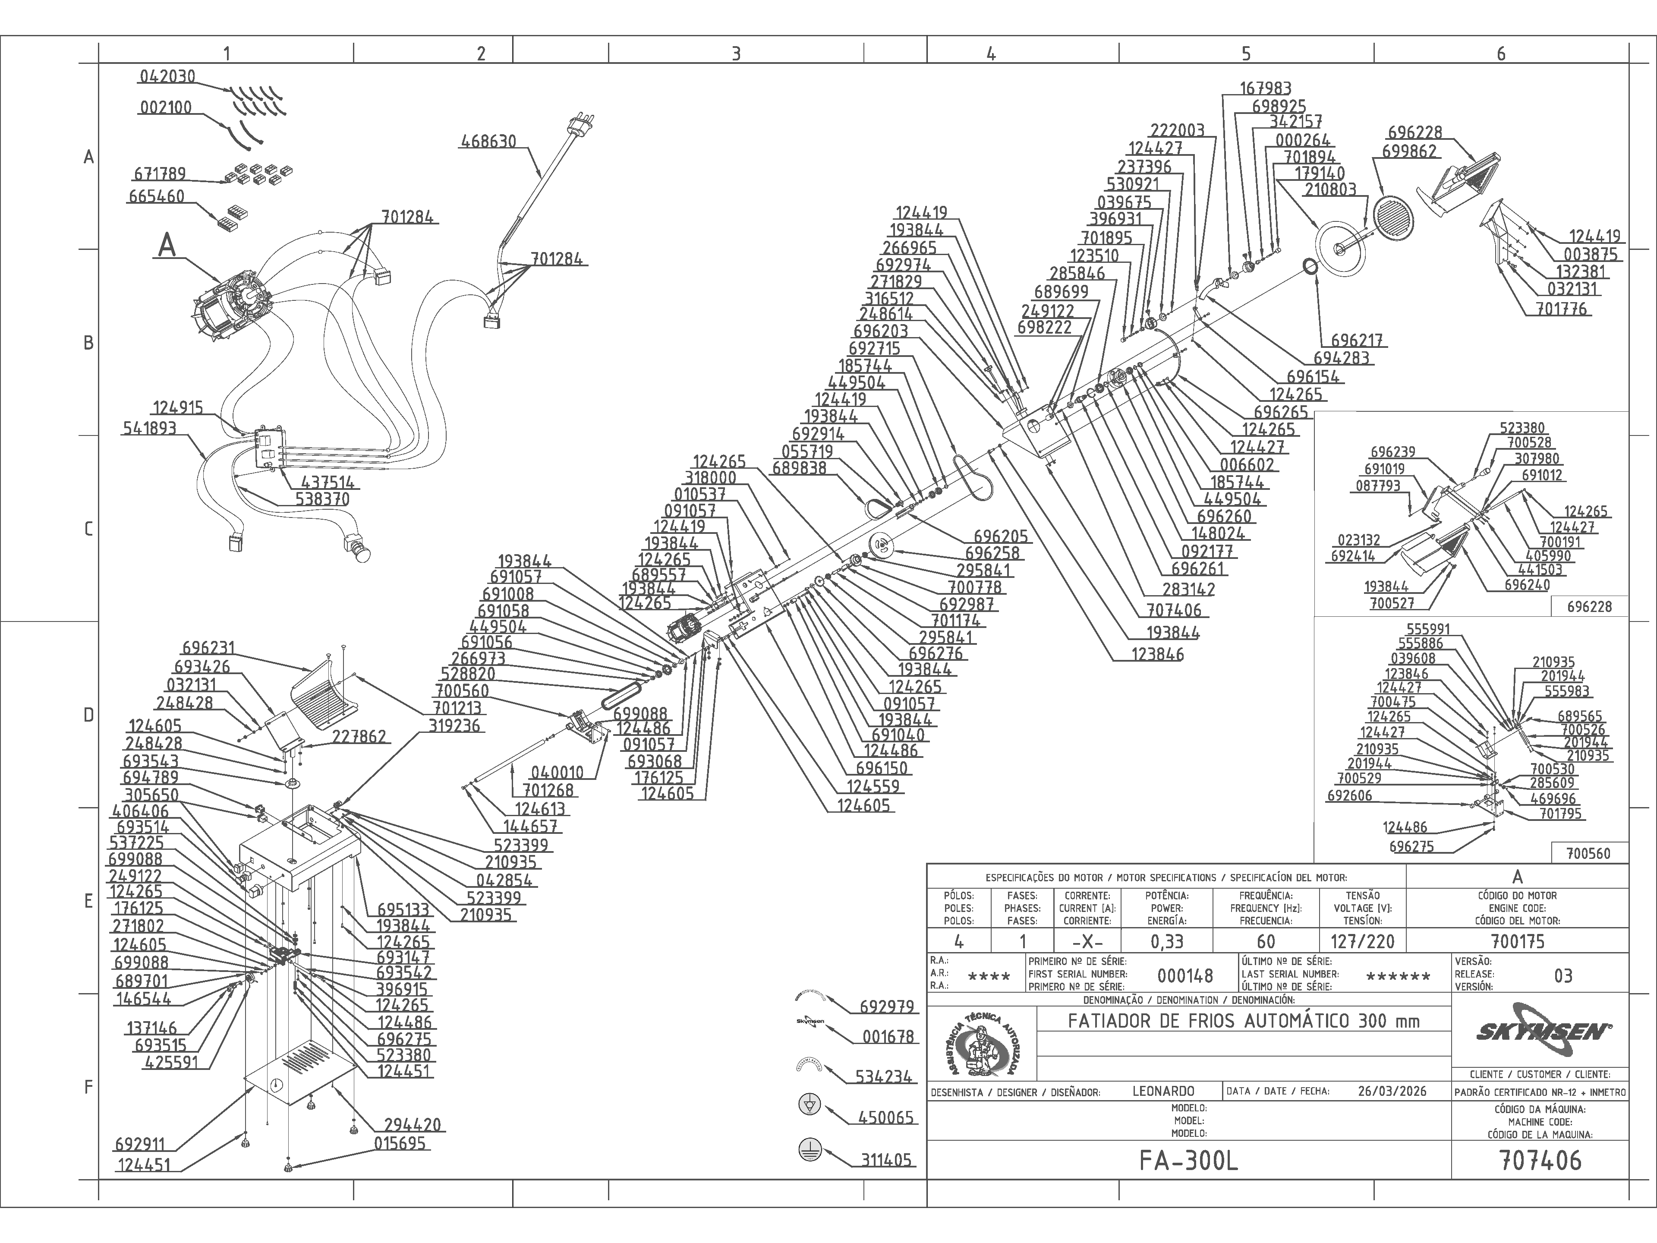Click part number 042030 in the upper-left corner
[167, 76]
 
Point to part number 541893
[149, 429]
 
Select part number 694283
[1342, 358]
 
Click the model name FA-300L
[1189, 1161]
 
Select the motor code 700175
[1518, 941]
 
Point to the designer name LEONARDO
[1163, 1091]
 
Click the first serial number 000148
[1185, 975]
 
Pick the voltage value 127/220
[1362, 941]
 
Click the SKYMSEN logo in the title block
[1540, 1032]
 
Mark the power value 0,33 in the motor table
[1167, 941]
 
